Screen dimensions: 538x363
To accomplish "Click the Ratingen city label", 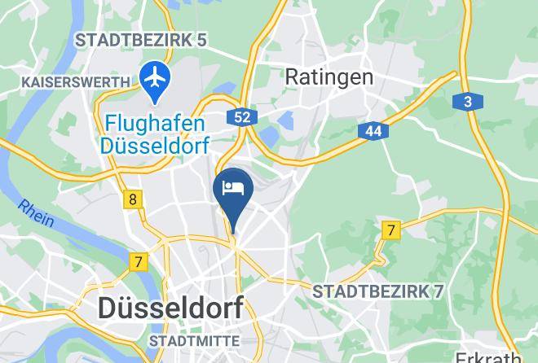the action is coord(329,77).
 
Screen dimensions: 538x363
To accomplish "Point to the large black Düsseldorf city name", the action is coord(170,308).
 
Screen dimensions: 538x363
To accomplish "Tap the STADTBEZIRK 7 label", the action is coord(377,291).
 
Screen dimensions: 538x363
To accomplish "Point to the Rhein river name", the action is coord(37,213).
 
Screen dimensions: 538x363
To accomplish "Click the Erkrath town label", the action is coord(488,356).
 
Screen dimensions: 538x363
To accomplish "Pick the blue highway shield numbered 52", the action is coord(242,117).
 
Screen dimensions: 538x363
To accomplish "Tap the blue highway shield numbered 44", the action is coord(373,130).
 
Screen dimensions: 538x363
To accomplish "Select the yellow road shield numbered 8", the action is coord(133,199).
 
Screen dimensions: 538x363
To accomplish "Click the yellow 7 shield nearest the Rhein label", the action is coord(139,262).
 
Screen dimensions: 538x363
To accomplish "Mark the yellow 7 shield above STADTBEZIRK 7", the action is coord(391,231).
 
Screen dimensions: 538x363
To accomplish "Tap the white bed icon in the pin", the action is coord(233,188).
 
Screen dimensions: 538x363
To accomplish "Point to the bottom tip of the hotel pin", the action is coord(233,232).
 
